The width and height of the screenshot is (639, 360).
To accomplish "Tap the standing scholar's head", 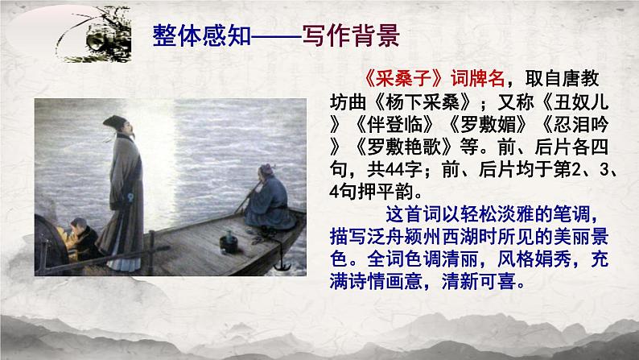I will coord(114,129).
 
